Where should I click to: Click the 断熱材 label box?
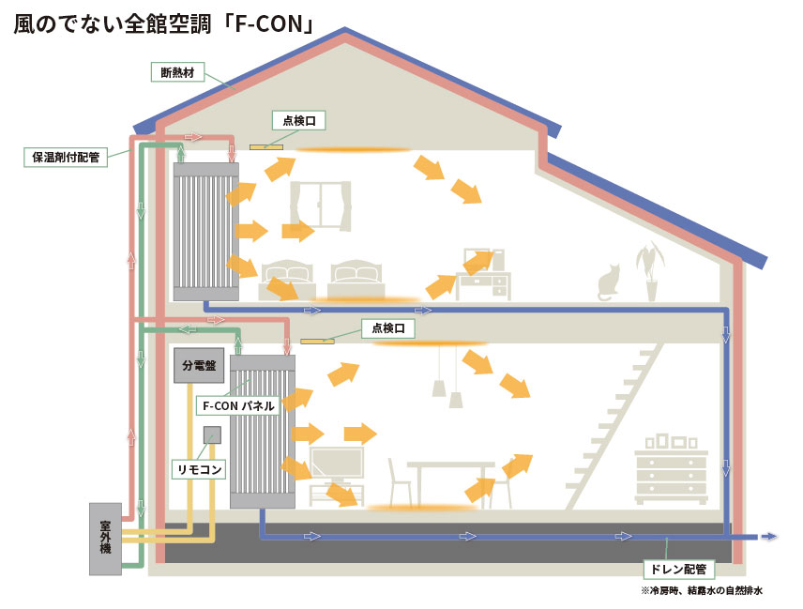pyautogui.click(x=177, y=72)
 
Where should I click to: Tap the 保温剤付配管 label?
pyautogui.click(x=66, y=157)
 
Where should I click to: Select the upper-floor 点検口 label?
pyautogui.click(x=299, y=120)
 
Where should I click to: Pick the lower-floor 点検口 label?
pyautogui.click(x=387, y=327)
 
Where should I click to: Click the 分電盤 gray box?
pyautogui.click(x=199, y=365)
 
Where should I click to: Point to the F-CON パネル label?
pyautogui.click(x=238, y=405)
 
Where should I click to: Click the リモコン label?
pyautogui.click(x=199, y=469)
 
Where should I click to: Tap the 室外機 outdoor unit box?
pyautogui.click(x=105, y=539)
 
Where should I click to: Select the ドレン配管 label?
pyautogui.click(x=678, y=569)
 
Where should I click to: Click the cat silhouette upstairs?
pyautogui.click(x=609, y=282)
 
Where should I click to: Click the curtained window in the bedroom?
pyautogui.click(x=321, y=206)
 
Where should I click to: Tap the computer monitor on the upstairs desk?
pyautogui.click(x=478, y=260)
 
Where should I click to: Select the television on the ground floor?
pyautogui.click(x=337, y=464)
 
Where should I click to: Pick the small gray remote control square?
pyautogui.click(x=212, y=434)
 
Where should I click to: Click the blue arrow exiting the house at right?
pyautogui.click(x=768, y=536)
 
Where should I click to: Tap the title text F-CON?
pyautogui.click(x=269, y=24)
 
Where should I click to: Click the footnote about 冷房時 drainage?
pyautogui.click(x=702, y=590)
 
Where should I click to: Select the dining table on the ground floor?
pyautogui.click(x=450, y=481)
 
